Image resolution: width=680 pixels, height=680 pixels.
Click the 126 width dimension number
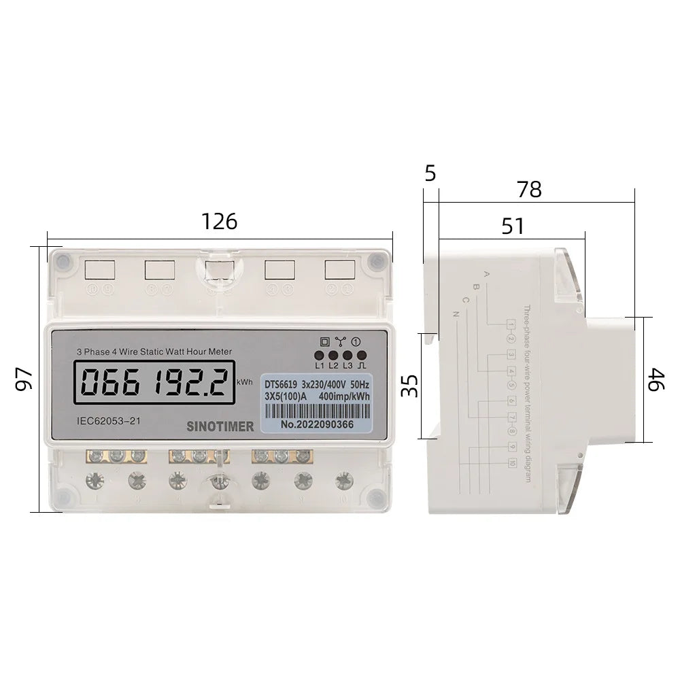pyautogui.click(x=220, y=222)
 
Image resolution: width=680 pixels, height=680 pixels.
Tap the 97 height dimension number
pyautogui.click(x=24, y=379)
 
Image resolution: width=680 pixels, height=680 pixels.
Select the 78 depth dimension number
pyautogui.click(x=529, y=190)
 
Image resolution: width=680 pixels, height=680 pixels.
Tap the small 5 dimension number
pyautogui.click(x=430, y=173)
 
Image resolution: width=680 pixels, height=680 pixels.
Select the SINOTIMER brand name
pyautogui.click(x=220, y=426)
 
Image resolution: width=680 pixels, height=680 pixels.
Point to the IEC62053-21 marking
pyautogui.click(x=107, y=420)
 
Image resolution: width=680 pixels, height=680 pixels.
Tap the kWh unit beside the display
pyautogui.click(x=244, y=382)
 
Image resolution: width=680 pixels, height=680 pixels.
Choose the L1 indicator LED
pyautogui.click(x=320, y=356)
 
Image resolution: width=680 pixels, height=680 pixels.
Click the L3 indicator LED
pyautogui.click(x=347, y=356)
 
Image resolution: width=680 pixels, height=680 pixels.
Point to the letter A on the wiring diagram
pyautogui.click(x=486, y=274)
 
